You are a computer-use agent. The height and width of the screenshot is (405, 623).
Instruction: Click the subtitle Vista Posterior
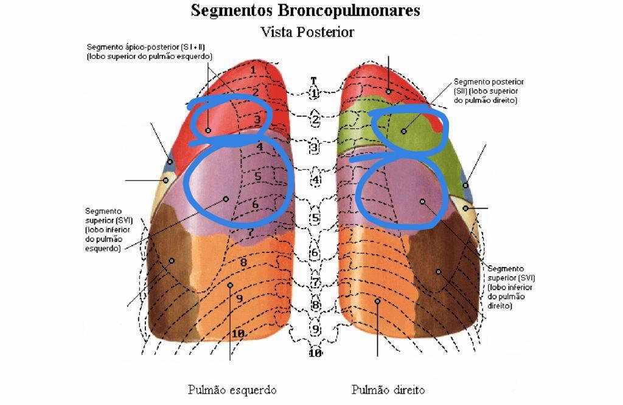[307, 32]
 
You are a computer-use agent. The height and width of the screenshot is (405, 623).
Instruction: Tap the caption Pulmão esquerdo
[232, 390]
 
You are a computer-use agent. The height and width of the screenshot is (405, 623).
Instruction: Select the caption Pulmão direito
[388, 390]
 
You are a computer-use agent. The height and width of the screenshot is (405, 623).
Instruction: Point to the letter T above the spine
[313, 80]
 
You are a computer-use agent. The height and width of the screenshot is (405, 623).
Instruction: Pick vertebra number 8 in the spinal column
[315, 305]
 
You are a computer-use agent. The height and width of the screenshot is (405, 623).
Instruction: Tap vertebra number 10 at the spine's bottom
[315, 353]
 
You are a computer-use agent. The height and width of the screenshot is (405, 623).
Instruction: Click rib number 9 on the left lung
[240, 298]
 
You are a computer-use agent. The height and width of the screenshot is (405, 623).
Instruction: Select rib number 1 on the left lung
[253, 70]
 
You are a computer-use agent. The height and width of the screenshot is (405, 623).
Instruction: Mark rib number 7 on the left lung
[250, 232]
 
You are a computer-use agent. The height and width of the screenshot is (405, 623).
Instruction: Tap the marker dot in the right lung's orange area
[377, 301]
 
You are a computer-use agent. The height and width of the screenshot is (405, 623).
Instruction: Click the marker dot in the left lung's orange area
[230, 285]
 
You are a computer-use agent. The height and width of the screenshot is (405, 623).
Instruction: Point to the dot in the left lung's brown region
[171, 260]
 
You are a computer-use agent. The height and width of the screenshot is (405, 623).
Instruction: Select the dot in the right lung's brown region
[437, 271]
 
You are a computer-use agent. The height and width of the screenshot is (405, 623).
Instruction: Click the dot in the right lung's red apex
[388, 91]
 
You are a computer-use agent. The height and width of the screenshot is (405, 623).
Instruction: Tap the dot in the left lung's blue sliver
[170, 162]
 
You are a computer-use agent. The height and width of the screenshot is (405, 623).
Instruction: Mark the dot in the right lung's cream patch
[465, 208]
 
